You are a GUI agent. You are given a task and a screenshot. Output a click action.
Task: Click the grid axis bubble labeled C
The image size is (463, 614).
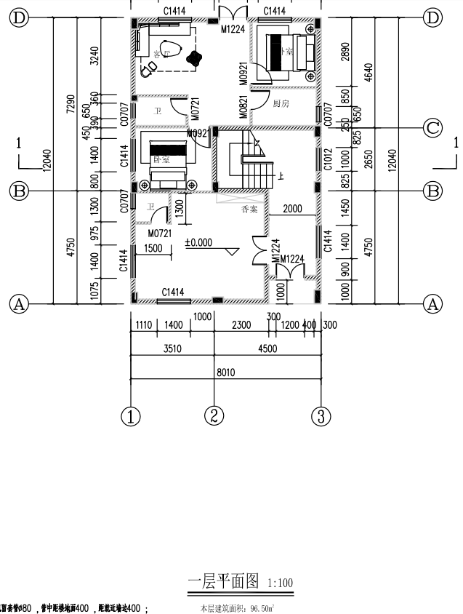(433, 129)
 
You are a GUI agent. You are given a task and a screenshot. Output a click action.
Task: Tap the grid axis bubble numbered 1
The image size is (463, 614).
(131, 417)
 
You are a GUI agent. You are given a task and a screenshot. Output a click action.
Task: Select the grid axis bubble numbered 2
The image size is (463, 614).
(214, 417)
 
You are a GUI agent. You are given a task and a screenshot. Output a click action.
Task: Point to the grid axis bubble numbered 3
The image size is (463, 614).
(321, 417)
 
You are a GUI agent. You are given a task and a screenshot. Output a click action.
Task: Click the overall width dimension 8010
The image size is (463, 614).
(226, 372)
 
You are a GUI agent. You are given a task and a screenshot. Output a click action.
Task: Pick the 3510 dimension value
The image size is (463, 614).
(172, 348)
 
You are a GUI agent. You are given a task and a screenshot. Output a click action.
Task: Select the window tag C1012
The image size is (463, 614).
(328, 159)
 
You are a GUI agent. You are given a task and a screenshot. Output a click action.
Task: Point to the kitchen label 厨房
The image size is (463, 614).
(281, 104)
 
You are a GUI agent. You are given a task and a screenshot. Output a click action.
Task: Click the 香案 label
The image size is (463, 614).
(250, 209)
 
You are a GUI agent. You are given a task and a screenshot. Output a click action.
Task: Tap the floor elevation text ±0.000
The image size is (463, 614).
(198, 243)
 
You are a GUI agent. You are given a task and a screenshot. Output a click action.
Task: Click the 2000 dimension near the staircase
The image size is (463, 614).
(292, 209)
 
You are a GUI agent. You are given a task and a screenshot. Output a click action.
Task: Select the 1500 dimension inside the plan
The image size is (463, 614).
(153, 248)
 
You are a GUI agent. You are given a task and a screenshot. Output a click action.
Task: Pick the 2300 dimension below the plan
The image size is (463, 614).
(241, 324)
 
